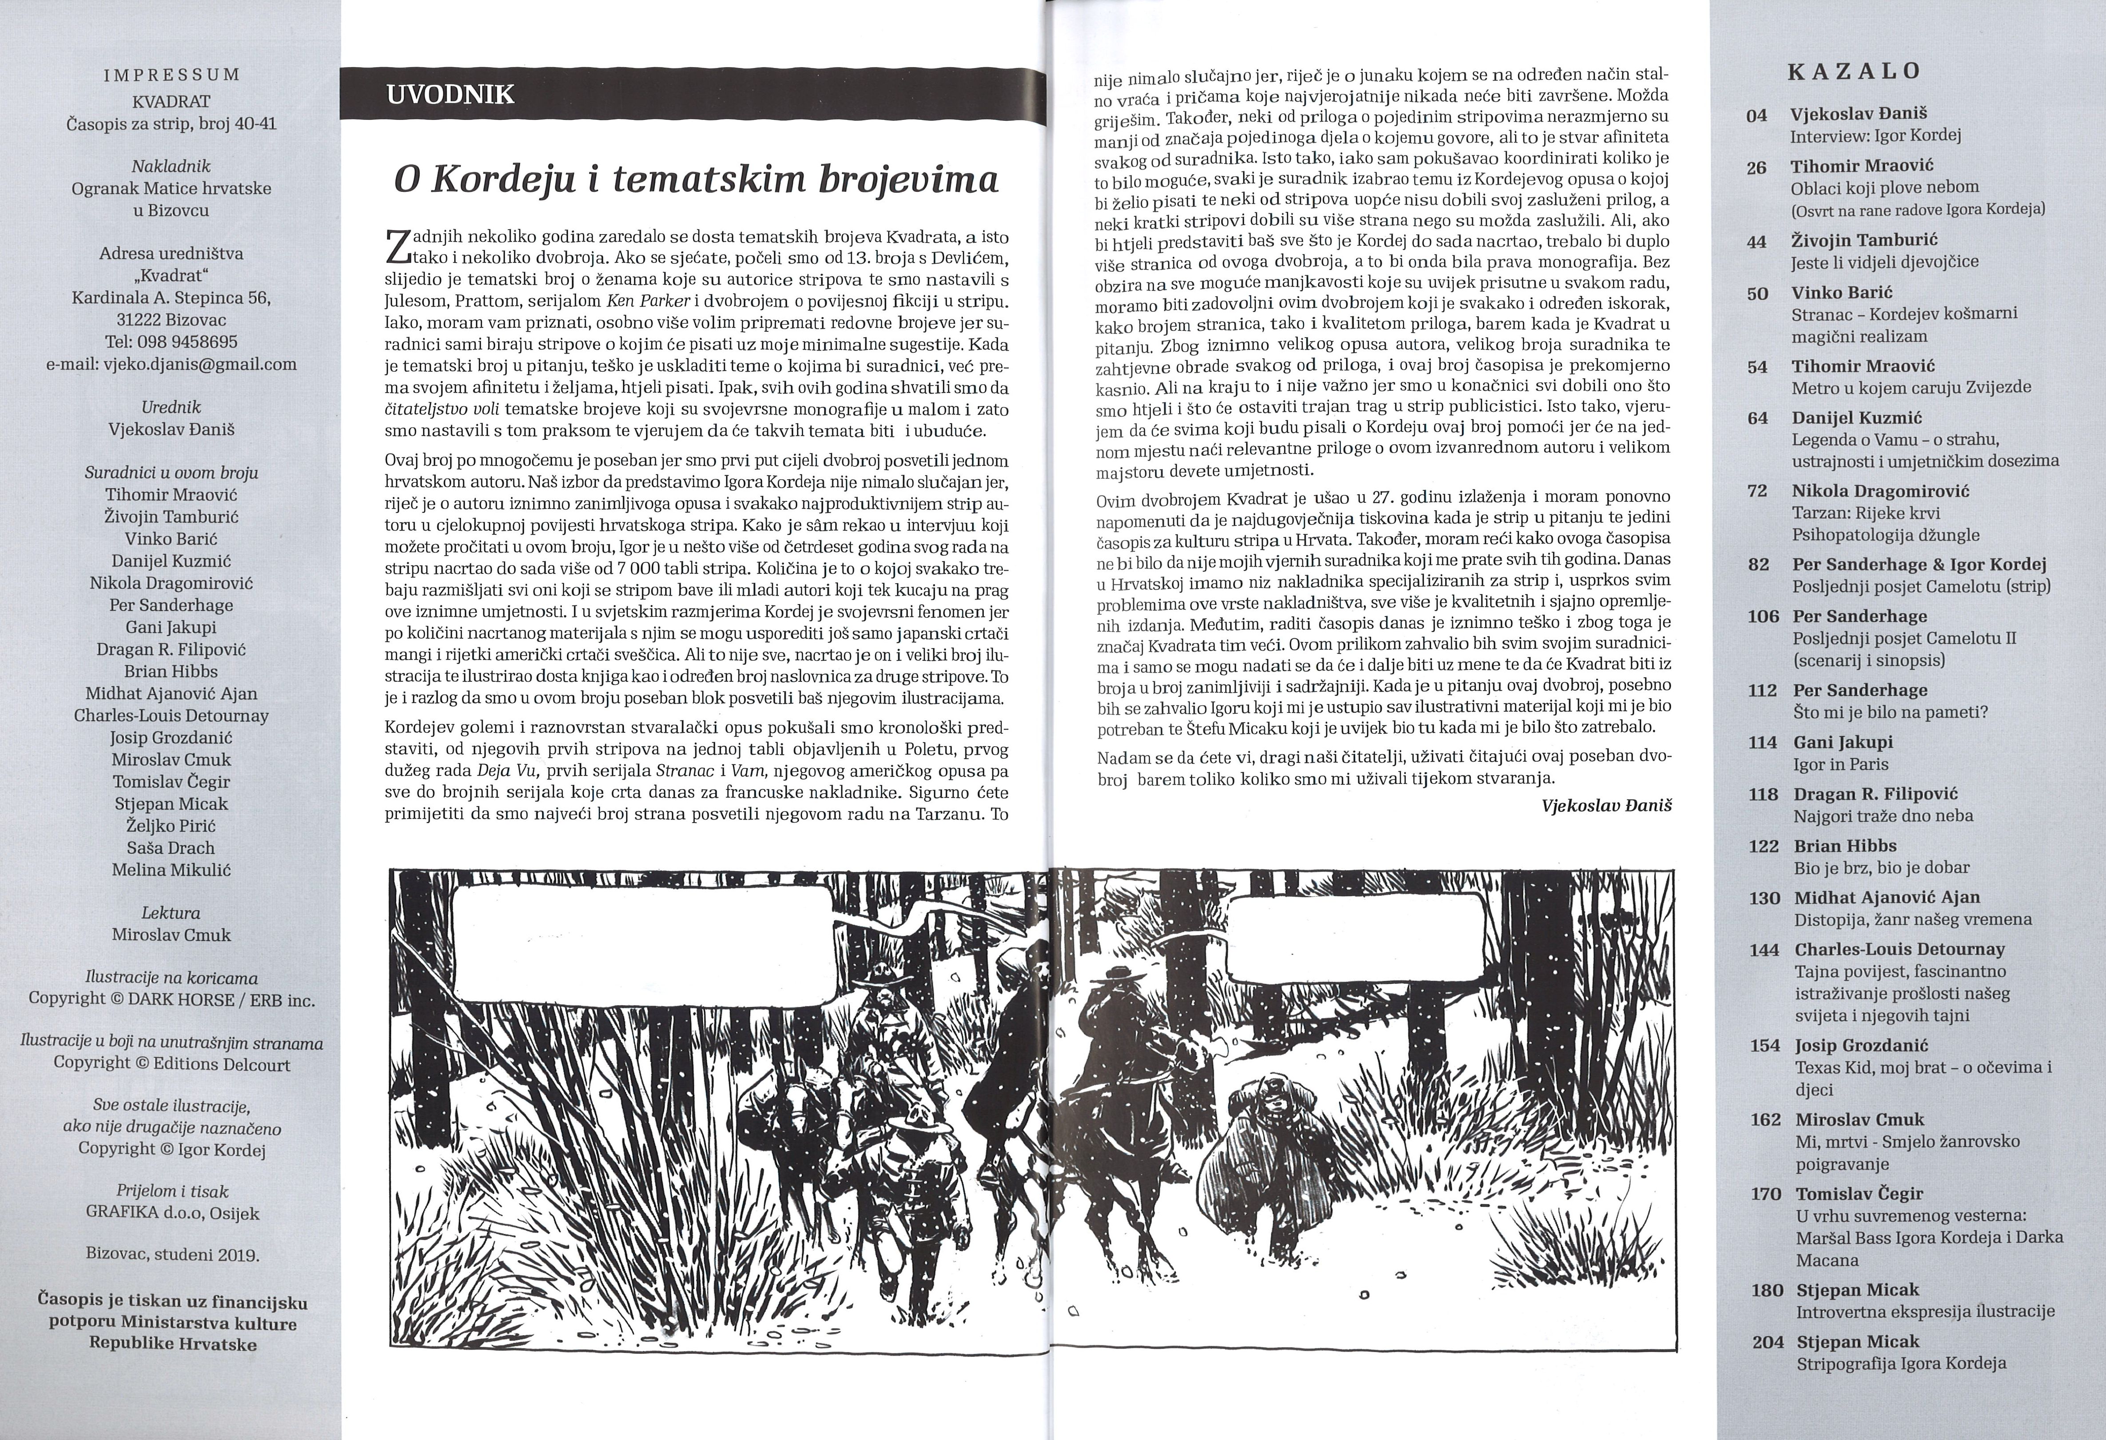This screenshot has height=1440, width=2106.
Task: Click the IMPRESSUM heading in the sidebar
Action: click(x=171, y=76)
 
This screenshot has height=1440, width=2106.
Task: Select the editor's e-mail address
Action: click(x=171, y=364)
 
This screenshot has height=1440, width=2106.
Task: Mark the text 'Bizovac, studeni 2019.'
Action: click(x=171, y=1256)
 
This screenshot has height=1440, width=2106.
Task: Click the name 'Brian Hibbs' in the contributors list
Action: click(x=171, y=672)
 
